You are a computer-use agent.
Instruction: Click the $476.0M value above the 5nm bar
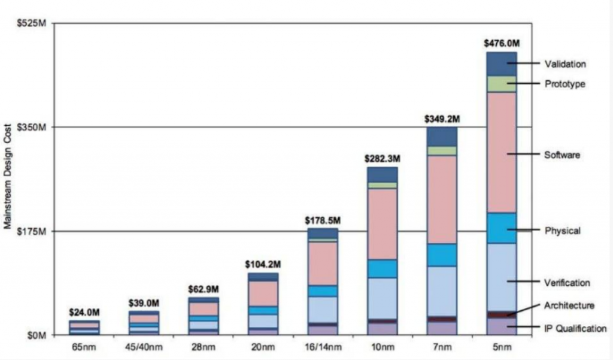coord(502,43)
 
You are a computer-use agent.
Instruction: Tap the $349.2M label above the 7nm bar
coord(442,119)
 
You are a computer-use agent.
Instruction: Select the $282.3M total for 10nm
coord(383,159)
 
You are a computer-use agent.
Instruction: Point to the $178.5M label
coord(323,220)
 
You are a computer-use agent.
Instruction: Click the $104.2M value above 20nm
coord(263,264)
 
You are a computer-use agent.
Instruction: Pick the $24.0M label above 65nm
coord(84,312)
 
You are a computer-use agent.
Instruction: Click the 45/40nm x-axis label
coord(144,346)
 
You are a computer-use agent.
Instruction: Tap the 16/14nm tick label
coord(323,346)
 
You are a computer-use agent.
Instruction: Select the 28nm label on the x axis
coord(204,346)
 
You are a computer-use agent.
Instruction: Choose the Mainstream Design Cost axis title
coord(8,180)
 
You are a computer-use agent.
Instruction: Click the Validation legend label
coord(565,64)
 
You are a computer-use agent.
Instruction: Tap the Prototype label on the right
coord(565,84)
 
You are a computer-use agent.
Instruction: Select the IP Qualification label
coord(575,328)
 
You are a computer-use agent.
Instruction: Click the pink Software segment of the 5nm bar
coord(502,152)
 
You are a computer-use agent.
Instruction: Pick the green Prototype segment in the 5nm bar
coord(502,84)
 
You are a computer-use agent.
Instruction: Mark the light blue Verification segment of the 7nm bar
coord(442,291)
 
